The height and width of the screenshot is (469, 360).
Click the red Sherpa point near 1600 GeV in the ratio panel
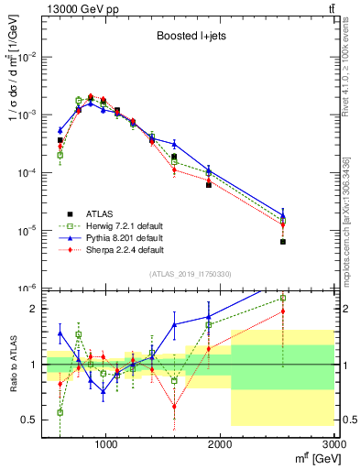pos(174,406)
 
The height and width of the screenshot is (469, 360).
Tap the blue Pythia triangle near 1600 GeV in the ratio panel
pos(174,324)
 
